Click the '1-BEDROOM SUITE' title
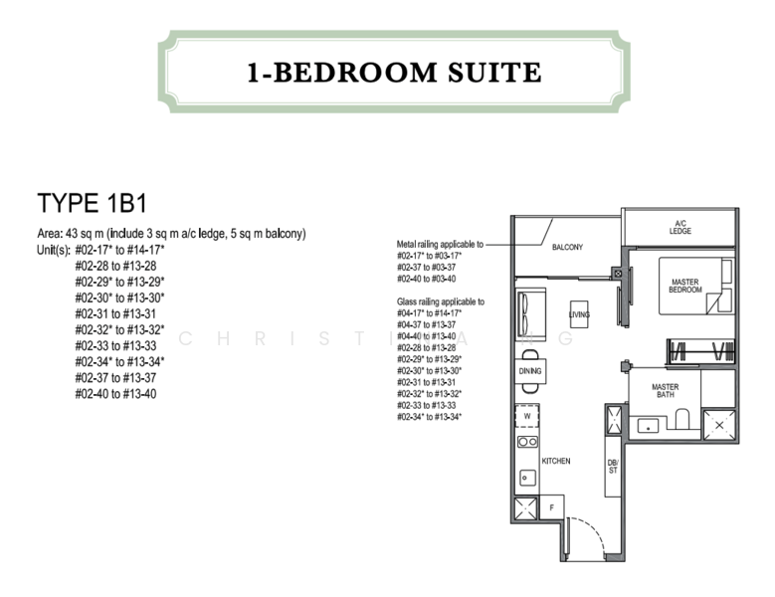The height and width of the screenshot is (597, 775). [x=394, y=72]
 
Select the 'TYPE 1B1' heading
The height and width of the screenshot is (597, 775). [x=93, y=204]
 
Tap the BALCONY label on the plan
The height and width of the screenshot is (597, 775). [x=567, y=248]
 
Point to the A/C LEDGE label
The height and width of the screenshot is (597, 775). [x=680, y=228]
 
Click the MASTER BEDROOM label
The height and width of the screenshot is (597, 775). [x=684, y=286]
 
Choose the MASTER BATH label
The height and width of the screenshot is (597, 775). [x=665, y=390]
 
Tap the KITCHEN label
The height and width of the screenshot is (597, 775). [x=554, y=462]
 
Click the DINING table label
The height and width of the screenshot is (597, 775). [x=530, y=371]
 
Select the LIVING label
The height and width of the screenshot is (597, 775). [x=579, y=315]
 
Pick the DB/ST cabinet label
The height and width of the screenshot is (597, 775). [x=613, y=467]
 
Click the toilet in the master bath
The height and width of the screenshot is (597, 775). [x=682, y=421]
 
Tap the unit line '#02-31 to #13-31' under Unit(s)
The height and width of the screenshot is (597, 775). [x=114, y=313]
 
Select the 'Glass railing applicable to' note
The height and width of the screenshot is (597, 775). [x=440, y=301]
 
